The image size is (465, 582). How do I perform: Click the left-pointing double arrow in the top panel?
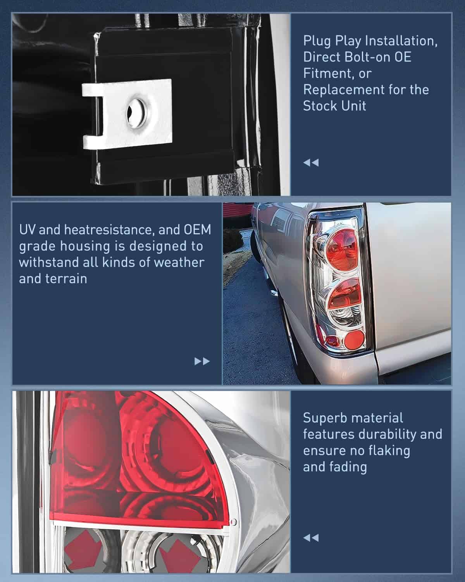point(311,163)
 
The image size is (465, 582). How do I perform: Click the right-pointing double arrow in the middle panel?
point(202,361)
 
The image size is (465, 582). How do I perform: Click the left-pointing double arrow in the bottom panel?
point(311,538)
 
